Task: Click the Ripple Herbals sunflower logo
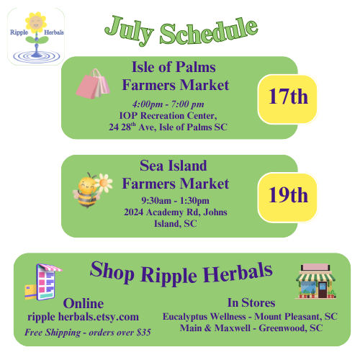[x=36, y=37]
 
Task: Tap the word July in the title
[x=129, y=30]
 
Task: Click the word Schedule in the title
[x=209, y=32]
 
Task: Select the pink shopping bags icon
[x=93, y=84]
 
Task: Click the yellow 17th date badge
[x=288, y=99]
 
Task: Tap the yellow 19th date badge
[x=288, y=197]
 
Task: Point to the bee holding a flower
[x=92, y=190]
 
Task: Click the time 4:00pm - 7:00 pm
[x=168, y=104]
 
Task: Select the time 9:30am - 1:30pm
[x=175, y=200]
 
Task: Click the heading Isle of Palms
[x=174, y=67]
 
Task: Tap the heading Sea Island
[x=174, y=166]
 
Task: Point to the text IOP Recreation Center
[x=168, y=116]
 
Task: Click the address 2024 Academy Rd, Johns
[x=176, y=212]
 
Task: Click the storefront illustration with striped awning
[x=315, y=282]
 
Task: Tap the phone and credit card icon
[x=43, y=282]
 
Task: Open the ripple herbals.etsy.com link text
[x=83, y=317]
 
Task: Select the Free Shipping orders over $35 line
[x=88, y=333]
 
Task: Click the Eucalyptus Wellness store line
[x=250, y=317]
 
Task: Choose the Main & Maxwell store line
[x=251, y=328]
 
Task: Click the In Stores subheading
[x=251, y=302]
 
